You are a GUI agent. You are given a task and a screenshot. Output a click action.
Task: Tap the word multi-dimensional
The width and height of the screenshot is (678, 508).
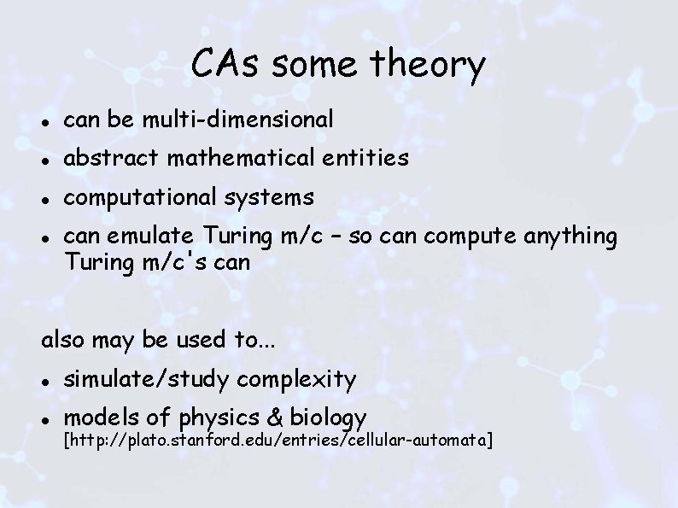pyautogui.click(x=237, y=120)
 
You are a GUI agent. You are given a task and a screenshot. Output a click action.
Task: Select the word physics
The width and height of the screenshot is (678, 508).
pyautogui.click(x=219, y=417)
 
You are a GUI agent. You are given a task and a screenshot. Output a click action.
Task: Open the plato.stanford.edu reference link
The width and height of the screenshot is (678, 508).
pyautogui.click(x=278, y=440)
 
